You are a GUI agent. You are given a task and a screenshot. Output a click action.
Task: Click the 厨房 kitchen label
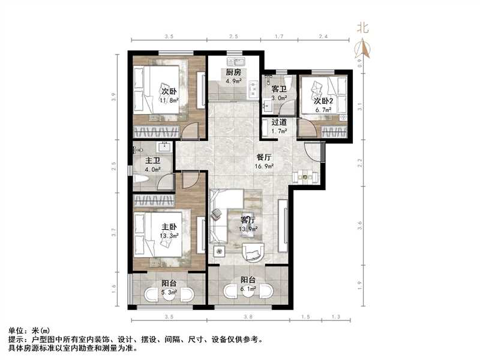[233, 73]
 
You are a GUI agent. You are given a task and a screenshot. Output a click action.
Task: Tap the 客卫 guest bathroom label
[279, 89]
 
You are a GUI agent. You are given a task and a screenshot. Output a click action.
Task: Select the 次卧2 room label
[325, 101]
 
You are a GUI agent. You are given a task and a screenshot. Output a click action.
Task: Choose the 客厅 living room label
[248, 220]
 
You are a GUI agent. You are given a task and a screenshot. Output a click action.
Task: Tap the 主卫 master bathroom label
[152, 161]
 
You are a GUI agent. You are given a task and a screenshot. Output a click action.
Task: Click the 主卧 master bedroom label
[169, 227]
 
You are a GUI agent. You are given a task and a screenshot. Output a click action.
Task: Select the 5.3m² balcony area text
[169, 293]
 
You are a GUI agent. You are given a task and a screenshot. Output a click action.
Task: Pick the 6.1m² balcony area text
[248, 289]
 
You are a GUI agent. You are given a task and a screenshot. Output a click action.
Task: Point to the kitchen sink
[233, 61]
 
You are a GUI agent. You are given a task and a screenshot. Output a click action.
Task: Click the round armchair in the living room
[254, 253]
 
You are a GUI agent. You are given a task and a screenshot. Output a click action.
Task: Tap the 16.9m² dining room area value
[265, 166]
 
